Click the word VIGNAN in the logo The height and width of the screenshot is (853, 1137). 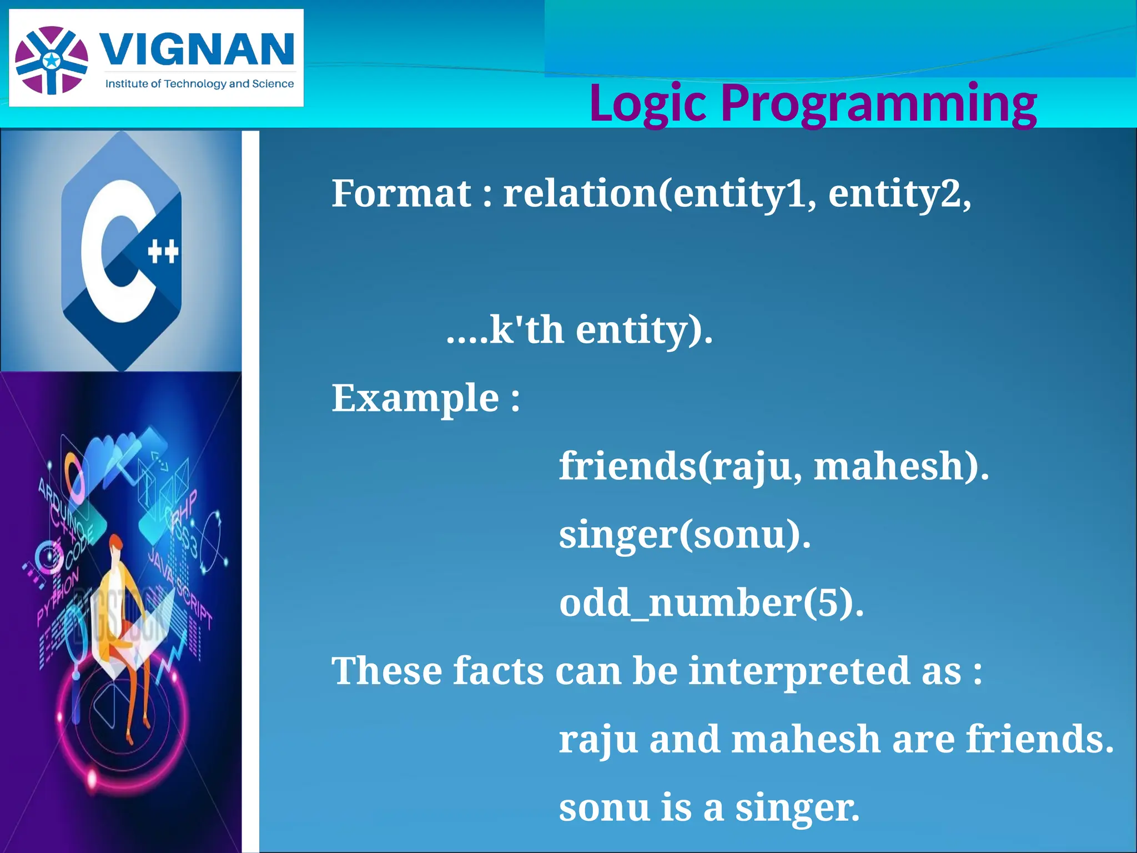[197, 49]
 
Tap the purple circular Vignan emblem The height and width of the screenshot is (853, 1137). [52, 60]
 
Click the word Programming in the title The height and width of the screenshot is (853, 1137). [878, 103]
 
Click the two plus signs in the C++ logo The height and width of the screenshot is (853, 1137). [163, 252]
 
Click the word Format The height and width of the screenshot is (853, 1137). [401, 194]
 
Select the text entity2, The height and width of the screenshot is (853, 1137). [899, 194]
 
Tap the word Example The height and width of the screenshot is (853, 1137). [415, 399]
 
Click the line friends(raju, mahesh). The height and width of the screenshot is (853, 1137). [773, 466]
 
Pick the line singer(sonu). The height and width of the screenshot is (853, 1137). [685, 535]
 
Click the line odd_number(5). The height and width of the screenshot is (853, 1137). [711, 604]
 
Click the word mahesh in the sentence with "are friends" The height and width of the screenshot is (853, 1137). [806, 740]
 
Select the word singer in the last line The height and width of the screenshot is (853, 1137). [797, 808]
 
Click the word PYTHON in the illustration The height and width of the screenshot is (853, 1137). [58, 596]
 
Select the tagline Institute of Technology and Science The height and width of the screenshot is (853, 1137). [199, 84]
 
